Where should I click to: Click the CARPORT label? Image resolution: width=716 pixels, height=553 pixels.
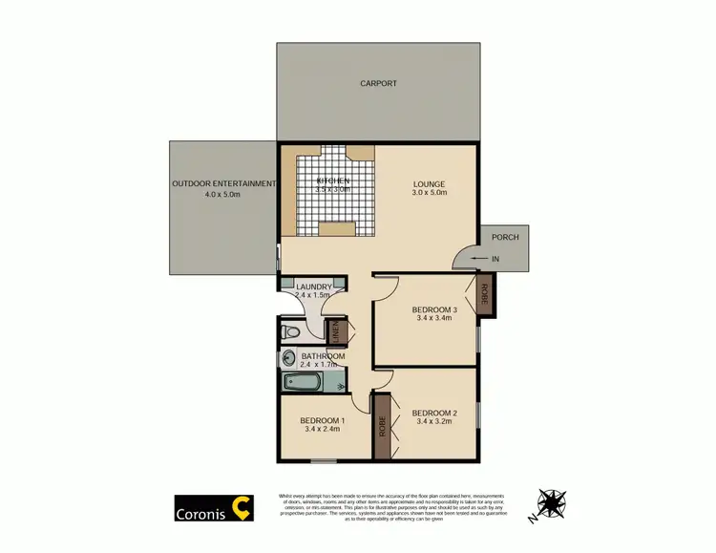[378, 84]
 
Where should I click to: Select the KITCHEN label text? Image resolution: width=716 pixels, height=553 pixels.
[333, 181]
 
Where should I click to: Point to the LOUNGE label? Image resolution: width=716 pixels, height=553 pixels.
[429, 184]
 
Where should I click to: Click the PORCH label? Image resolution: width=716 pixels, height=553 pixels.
[505, 237]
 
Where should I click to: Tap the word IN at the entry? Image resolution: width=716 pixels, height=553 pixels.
[495, 258]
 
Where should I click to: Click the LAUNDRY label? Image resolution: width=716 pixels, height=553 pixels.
[314, 287]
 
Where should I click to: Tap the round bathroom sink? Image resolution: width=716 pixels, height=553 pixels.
[289, 359]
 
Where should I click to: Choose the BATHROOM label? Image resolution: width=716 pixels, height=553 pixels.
[323, 356]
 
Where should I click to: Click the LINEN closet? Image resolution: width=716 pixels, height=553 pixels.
[335, 332]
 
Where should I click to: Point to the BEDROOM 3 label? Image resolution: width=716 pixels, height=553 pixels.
[435, 309]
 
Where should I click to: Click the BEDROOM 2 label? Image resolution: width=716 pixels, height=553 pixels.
[435, 414]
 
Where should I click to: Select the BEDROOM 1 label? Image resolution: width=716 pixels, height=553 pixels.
[323, 420]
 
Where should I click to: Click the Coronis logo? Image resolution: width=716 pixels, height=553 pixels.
[213, 507]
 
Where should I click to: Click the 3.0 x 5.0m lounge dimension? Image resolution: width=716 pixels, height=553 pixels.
[429, 195]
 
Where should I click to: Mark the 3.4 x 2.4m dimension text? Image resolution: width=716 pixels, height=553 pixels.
[323, 430]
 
